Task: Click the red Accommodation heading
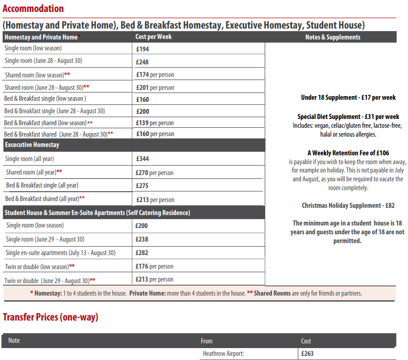pos(33,9)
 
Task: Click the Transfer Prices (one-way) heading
pos(50,316)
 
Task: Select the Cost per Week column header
pos(153,37)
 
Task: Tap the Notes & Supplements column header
pos(332,37)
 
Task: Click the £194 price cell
pos(142,49)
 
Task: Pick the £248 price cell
pos(142,62)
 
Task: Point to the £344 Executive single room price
pos(143,159)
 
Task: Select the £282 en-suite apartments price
pos(142,253)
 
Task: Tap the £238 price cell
pos(142,239)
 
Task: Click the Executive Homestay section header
pos(32,145)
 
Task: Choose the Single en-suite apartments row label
pos(60,253)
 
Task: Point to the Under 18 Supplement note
pos(348,98)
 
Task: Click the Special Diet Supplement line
pos(348,116)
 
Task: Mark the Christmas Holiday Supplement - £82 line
pos(348,205)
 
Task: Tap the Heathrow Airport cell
pos(223,354)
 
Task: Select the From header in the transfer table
pos(207,341)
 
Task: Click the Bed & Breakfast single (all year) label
pos(42,185)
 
